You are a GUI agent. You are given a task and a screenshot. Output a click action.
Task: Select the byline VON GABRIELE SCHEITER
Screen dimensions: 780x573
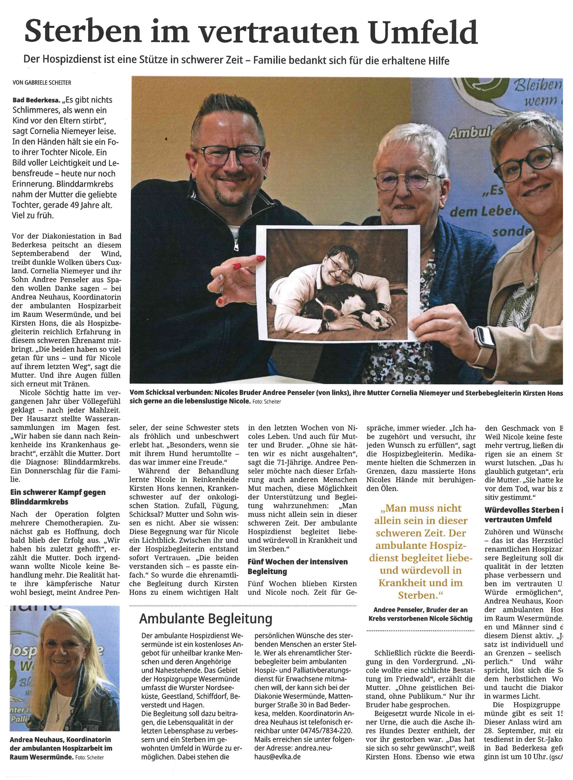[x=42, y=83]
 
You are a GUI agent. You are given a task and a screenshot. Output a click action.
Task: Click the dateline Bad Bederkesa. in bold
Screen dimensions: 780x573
[x=32, y=100]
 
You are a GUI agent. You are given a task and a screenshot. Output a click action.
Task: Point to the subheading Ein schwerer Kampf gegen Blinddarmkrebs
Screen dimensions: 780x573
[x=58, y=497]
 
